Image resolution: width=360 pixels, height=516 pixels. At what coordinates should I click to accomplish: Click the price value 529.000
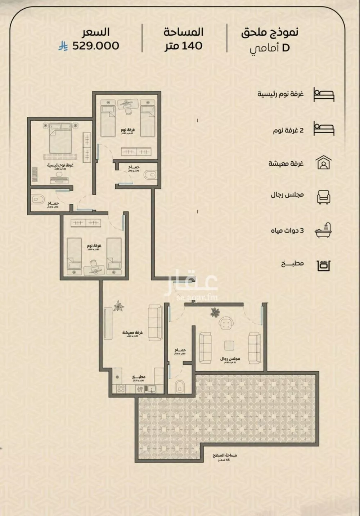[95, 46]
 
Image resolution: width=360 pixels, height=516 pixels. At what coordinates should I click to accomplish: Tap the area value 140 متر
[184, 46]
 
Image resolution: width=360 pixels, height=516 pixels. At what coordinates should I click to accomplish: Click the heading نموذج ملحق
[270, 32]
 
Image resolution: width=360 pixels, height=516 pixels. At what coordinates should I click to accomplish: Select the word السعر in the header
[95, 32]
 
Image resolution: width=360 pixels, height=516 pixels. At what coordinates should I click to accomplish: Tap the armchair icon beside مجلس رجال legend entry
[323, 197]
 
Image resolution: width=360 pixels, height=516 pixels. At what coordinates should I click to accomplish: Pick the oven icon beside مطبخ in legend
[323, 265]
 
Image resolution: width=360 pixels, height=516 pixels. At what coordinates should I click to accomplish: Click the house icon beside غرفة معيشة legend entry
[323, 163]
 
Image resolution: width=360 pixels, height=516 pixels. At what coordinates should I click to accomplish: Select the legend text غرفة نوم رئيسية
[280, 94]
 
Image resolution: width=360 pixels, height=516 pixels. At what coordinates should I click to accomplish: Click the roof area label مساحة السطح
[225, 456]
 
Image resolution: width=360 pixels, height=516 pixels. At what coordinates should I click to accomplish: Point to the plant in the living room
[118, 306]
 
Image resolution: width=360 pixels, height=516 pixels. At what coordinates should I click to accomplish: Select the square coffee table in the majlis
[229, 345]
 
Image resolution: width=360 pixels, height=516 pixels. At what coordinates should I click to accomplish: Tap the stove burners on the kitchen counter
[120, 389]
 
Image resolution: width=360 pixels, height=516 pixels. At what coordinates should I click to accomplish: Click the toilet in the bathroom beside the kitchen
[179, 387]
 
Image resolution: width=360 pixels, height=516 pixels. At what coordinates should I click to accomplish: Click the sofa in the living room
[155, 323]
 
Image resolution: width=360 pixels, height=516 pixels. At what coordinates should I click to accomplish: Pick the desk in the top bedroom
[127, 104]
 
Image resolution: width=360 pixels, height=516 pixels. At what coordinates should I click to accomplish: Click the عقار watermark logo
[192, 283]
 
